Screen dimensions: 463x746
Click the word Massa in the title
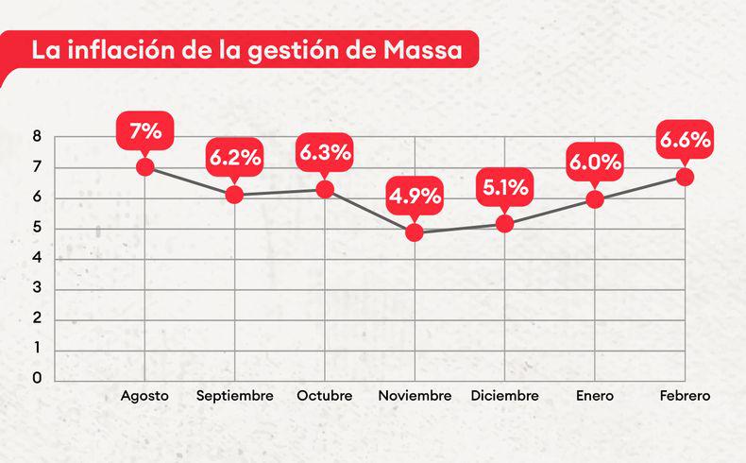point(422,51)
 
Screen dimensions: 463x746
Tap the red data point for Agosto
point(144,166)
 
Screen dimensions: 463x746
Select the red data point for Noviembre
point(415,231)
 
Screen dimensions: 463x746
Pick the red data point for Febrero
point(686,177)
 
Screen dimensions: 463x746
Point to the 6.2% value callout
point(235,158)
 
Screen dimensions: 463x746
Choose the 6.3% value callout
point(325,152)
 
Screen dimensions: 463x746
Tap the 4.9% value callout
point(415,197)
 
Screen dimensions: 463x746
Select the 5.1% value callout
point(505,187)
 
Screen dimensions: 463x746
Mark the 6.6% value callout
point(686,141)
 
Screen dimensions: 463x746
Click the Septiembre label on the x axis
point(235,396)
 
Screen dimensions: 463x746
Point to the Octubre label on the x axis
point(325,396)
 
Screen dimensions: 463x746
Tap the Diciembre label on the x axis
point(505,396)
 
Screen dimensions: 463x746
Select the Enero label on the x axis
point(595,396)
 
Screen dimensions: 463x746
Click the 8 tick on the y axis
point(37,137)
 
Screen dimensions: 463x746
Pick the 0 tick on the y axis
point(37,379)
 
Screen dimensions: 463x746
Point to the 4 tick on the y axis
point(37,258)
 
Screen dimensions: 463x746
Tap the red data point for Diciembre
point(505,224)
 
